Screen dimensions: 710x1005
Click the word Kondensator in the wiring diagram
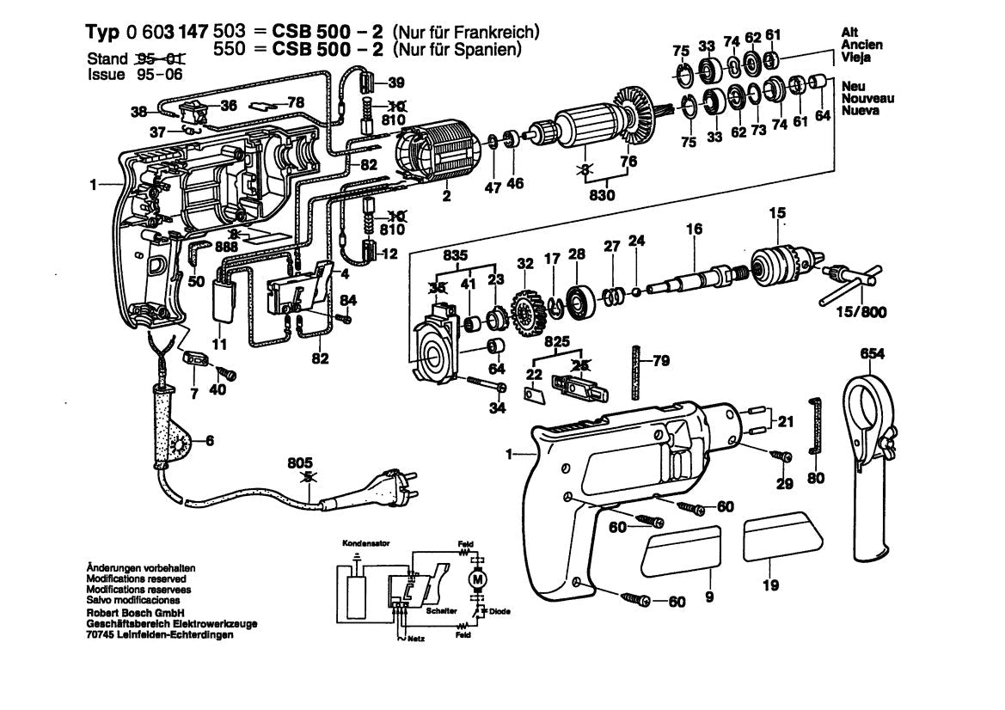point(360,543)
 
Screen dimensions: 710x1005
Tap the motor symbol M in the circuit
point(475,581)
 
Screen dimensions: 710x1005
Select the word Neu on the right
point(852,86)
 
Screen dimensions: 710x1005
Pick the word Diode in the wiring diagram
point(500,611)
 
